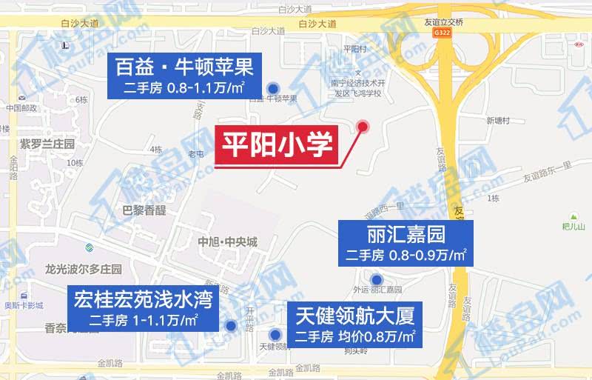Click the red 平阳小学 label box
click(276, 146)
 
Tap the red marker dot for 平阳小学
click(363, 126)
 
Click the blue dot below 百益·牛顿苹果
click(273, 87)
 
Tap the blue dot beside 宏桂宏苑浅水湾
click(231, 325)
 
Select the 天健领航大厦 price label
click(354, 324)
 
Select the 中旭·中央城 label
click(227, 242)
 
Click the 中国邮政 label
click(21, 108)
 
